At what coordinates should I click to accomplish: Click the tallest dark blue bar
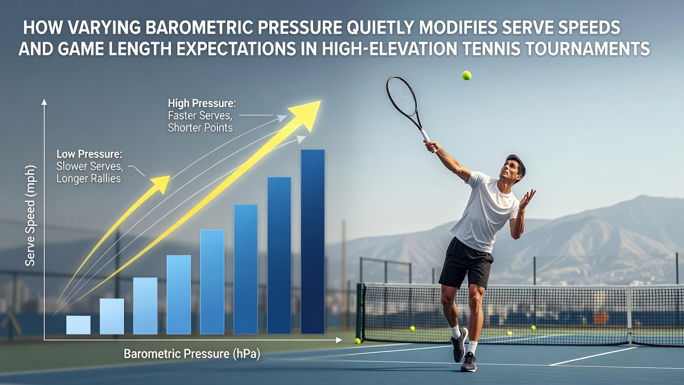click(x=313, y=242)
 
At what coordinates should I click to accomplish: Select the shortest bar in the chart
click(x=78, y=325)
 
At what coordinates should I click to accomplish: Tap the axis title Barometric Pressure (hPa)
click(x=192, y=354)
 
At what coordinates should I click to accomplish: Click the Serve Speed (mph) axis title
click(x=30, y=215)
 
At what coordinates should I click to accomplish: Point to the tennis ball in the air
click(x=467, y=75)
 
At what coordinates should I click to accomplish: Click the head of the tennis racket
click(x=401, y=96)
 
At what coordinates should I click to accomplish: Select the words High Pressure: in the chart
click(x=202, y=103)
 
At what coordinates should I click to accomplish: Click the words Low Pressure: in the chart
click(x=89, y=154)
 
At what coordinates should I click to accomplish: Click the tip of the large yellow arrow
click(x=320, y=101)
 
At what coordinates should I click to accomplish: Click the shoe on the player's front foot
click(x=468, y=362)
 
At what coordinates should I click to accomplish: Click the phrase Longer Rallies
click(x=89, y=179)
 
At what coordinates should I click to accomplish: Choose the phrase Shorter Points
click(x=200, y=128)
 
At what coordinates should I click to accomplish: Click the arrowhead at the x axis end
click(x=339, y=340)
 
